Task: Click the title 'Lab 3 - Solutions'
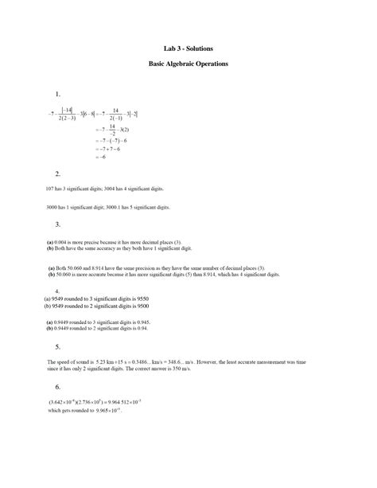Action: [x=188, y=49]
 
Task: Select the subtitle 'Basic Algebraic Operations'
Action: [x=188, y=63]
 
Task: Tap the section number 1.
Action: [x=57, y=95]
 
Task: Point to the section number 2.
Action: [x=57, y=174]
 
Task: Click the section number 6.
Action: [x=57, y=386]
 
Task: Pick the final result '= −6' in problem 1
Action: [x=100, y=157]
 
